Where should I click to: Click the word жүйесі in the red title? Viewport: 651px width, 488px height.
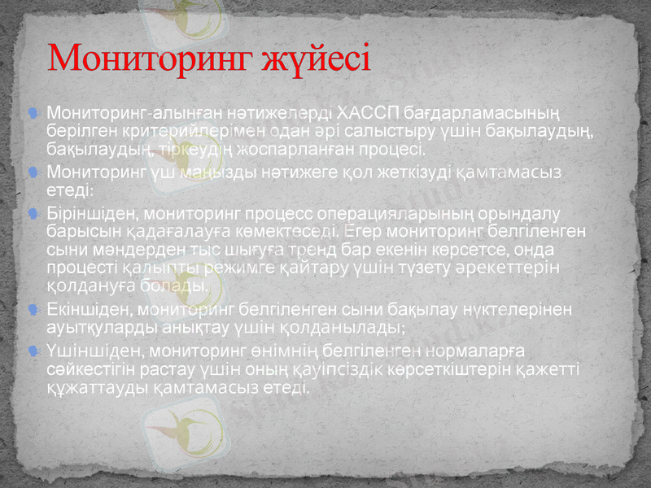pyautogui.click(x=317, y=59)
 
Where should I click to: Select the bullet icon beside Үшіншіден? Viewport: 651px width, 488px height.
pyautogui.click(x=31, y=351)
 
